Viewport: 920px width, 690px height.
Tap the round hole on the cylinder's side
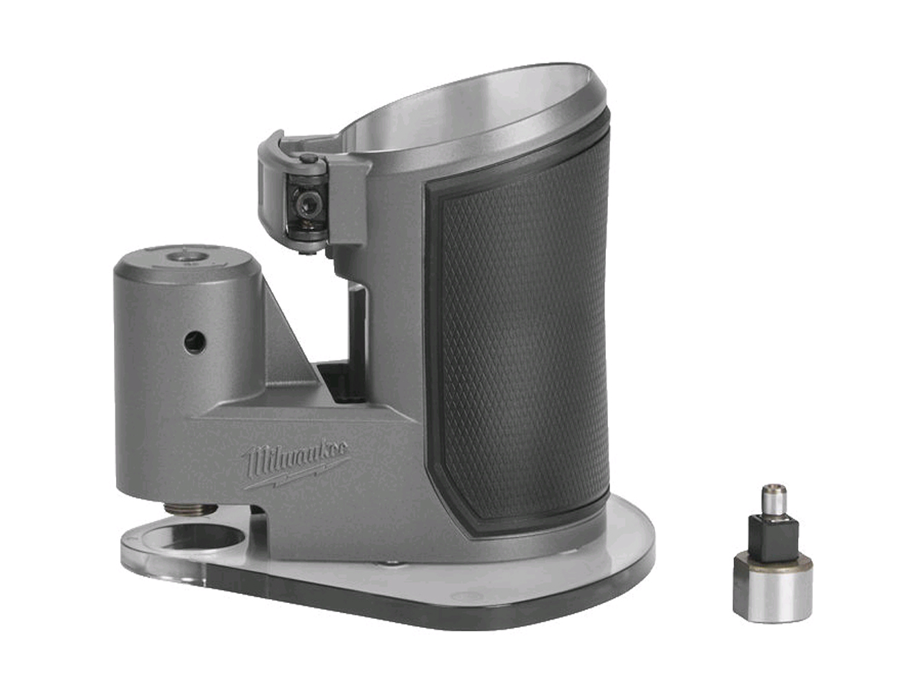(x=195, y=342)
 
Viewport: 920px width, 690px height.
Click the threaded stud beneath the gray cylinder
(x=190, y=510)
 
